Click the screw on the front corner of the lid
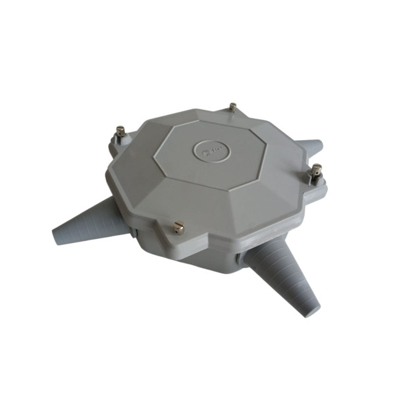click(x=177, y=227)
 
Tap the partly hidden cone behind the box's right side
click(x=309, y=148)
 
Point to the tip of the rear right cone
click(x=318, y=144)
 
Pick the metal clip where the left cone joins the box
click(x=134, y=231)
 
